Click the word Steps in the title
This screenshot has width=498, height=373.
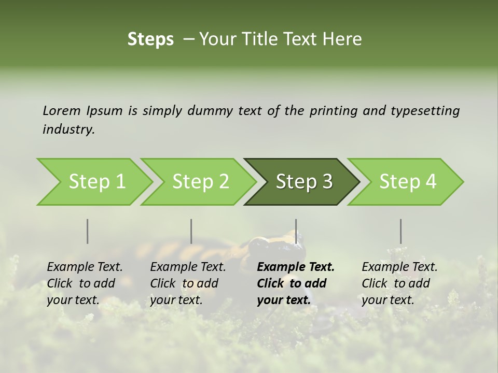[x=150, y=39]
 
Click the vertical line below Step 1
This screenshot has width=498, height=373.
[x=88, y=231]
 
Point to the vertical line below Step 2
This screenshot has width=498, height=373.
[x=191, y=231]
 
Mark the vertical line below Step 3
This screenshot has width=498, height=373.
[x=296, y=231]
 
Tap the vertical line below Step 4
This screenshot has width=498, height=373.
[x=400, y=231]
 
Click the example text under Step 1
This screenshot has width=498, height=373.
[x=85, y=283]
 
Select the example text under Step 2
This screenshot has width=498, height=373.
[x=188, y=283]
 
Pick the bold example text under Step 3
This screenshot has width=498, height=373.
[x=296, y=283]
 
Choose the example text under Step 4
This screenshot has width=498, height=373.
[x=399, y=283]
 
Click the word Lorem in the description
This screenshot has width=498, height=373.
[x=62, y=110]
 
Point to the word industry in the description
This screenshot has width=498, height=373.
[x=68, y=130]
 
